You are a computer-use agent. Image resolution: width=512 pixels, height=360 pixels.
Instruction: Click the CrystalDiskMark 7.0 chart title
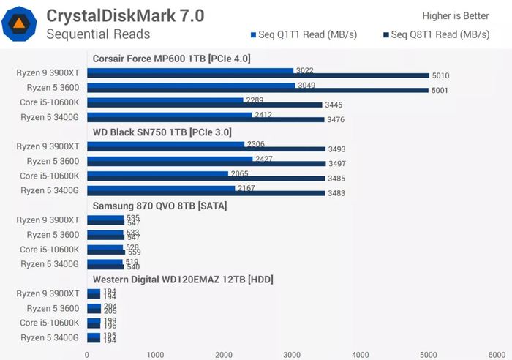pyautogui.click(x=125, y=15)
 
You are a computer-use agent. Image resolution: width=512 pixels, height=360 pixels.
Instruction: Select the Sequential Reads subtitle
pyautogui.click(x=98, y=34)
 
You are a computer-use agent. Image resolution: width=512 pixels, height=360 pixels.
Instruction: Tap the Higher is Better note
pyautogui.click(x=456, y=15)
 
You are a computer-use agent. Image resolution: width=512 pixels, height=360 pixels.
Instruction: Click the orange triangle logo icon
pyautogui.click(x=20, y=24)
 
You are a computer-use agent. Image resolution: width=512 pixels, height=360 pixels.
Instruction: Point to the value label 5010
pyautogui.click(x=440, y=76)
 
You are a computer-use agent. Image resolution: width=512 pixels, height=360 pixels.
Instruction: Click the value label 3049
pyautogui.click(x=306, y=86)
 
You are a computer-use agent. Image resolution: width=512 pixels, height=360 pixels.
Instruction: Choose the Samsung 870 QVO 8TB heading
pyautogui.click(x=159, y=206)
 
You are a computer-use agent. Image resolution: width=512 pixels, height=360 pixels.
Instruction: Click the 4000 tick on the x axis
pyautogui.click(x=361, y=354)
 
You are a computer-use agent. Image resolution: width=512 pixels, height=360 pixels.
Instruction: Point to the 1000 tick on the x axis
pyautogui.click(x=155, y=354)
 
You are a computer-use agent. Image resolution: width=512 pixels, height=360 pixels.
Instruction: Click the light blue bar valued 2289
pyautogui.click(x=165, y=100)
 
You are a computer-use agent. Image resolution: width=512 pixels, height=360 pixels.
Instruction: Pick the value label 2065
pyautogui.click(x=239, y=174)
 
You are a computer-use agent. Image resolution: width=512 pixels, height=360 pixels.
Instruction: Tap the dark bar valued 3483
pyautogui.click(x=206, y=193)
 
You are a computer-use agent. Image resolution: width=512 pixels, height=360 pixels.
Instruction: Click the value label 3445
pyautogui.click(x=334, y=105)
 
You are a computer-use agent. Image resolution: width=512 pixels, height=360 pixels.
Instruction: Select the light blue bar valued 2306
pyautogui.click(x=166, y=145)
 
